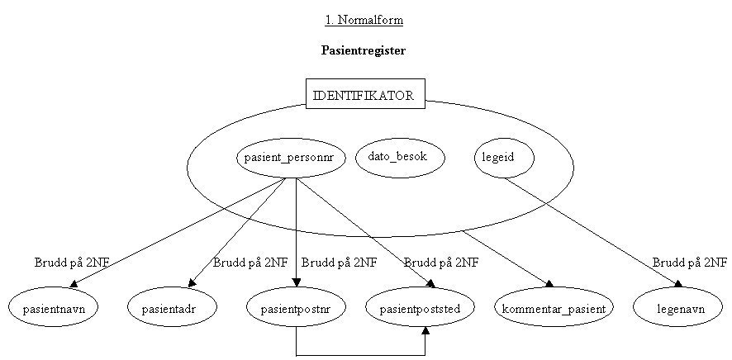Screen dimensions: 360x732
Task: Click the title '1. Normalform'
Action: [x=364, y=20]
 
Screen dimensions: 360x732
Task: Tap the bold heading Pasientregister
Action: [x=364, y=50]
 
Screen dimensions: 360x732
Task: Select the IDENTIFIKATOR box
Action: [x=364, y=95]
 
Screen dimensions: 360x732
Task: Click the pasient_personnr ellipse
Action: [x=290, y=157]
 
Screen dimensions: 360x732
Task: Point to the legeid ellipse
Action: [x=503, y=157]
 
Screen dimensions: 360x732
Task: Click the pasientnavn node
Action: [x=54, y=309]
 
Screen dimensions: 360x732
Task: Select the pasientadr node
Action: [x=173, y=309]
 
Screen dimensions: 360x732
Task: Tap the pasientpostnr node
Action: [x=296, y=309]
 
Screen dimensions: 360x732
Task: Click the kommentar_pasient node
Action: [x=554, y=309]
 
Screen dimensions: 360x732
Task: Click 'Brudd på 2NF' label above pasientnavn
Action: [x=72, y=263]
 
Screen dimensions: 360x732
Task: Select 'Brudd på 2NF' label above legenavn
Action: [x=690, y=263]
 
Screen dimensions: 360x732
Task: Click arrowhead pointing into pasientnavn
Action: [x=86, y=285]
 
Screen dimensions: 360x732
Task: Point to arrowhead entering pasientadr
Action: [x=193, y=284]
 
